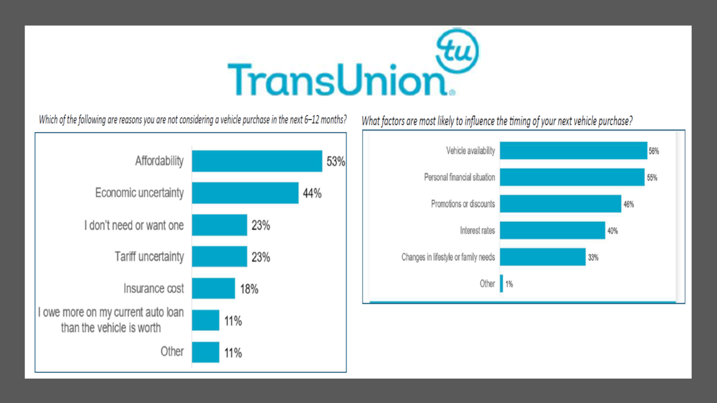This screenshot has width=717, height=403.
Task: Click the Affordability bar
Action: (x=257, y=161)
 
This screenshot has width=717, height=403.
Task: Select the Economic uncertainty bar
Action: (x=245, y=193)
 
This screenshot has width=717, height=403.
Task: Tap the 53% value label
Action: (x=336, y=162)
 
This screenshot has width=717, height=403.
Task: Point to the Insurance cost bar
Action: (x=213, y=288)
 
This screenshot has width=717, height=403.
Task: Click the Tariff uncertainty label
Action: (x=149, y=257)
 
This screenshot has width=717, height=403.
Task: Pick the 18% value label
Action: (x=249, y=289)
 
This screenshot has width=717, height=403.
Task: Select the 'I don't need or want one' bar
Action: (x=219, y=225)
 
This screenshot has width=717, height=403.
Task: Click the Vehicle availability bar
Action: (x=573, y=151)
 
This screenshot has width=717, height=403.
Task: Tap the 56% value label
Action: (x=654, y=151)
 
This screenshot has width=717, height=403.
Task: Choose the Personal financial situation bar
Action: (x=572, y=177)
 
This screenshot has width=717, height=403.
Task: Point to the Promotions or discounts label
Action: (x=463, y=204)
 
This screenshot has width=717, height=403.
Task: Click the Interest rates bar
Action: (x=552, y=230)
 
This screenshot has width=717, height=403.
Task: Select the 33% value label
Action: (x=593, y=257)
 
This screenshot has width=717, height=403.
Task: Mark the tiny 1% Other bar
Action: (x=501, y=283)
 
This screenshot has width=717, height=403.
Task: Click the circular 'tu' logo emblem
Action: (x=457, y=51)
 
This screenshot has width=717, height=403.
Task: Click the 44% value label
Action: (x=312, y=193)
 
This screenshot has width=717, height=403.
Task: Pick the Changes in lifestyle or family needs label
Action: (x=448, y=257)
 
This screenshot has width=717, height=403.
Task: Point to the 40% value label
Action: (x=613, y=231)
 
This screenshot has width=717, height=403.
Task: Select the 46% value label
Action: (x=628, y=204)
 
